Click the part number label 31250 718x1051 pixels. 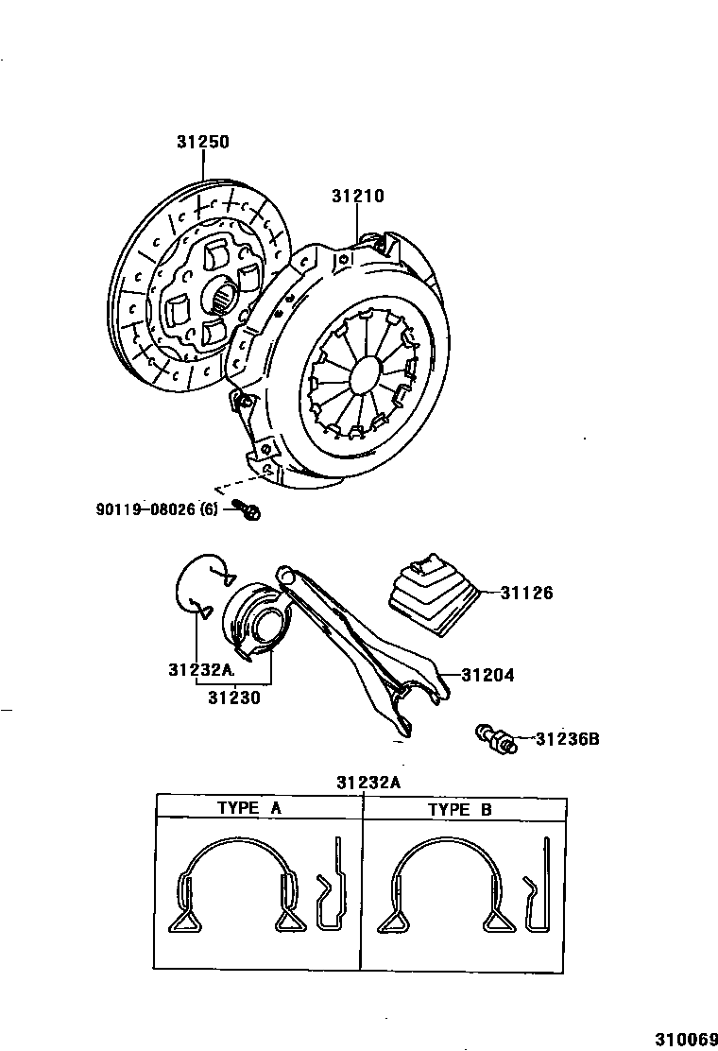point(202,142)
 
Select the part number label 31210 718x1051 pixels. point(357,196)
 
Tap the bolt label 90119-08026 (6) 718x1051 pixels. point(157,509)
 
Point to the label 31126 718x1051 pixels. point(526,594)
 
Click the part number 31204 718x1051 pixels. point(487,676)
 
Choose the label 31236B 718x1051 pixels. point(567,739)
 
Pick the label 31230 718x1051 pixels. point(234,698)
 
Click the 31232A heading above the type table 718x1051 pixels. point(368,782)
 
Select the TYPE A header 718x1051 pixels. point(249,808)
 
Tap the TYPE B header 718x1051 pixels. point(460,809)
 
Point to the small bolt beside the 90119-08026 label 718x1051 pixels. point(251,510)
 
